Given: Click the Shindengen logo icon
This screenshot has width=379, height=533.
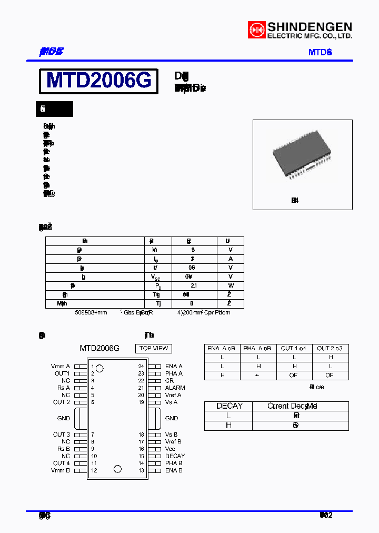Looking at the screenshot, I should pos(257,29).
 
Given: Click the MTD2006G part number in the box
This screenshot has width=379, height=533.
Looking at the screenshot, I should pos(99,81).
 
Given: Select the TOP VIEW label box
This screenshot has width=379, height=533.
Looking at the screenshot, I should pos(154,348).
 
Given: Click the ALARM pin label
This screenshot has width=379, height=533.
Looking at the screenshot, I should pos(175,388).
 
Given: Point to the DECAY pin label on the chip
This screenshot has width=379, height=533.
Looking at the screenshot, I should pos(175,456).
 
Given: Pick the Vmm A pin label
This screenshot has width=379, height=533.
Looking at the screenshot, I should pos(61,366).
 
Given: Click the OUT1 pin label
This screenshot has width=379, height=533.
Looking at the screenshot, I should pos(62,373).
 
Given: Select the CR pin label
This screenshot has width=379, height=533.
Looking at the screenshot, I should pos(169,380).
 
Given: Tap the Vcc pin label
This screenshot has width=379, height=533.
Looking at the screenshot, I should pos(171,449).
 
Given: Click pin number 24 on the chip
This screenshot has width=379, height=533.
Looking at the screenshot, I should pos(141,366).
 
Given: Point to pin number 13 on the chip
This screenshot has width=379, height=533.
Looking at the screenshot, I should pos(141,470).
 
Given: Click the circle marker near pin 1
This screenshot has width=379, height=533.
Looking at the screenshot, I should pos(100,368).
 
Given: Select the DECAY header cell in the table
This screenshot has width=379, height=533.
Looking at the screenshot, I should pos(229,406).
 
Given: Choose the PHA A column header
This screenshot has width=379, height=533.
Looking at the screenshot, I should pos(258,348).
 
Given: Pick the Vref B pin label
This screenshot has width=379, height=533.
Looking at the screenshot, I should pos(173,442).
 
